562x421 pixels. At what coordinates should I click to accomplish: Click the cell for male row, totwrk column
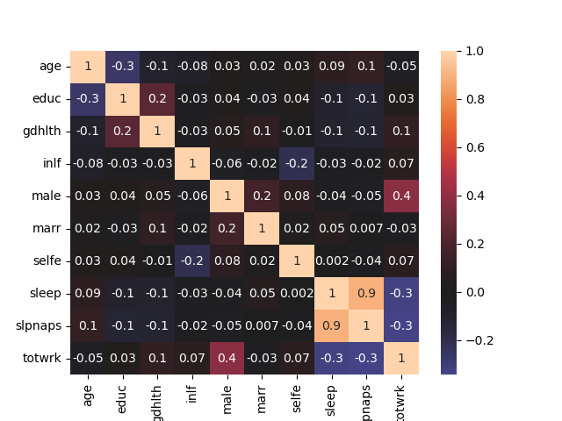pyautogui.click(x=400, y=196)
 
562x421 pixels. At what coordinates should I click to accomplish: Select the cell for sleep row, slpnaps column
pyautogui.click(x=365, y=294)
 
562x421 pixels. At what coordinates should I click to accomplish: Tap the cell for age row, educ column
pyautogui.click(x=122, y=67)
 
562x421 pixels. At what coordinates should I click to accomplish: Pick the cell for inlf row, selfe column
pyautogui.click(x=296, y=164)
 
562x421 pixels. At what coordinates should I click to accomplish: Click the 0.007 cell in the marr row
pyautogui.click(x=365, y=229)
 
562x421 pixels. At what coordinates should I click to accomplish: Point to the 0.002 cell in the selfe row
pyautogui.click(x=331, y=261)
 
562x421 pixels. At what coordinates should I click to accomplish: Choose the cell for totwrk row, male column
pyautogui.click(x=227, y=359)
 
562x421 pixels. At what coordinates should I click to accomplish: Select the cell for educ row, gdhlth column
pyautogui.click(x=157, y=99)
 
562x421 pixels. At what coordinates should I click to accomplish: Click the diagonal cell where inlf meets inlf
pyautogui.click(x=191, y=164)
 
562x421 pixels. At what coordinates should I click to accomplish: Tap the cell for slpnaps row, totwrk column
pyautogui.click(x=400, y=326)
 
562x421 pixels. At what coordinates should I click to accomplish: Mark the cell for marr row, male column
pyautogui.click(x=227, y=229)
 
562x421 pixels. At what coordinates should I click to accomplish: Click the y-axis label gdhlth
pyautogui.click(x=42, y=132)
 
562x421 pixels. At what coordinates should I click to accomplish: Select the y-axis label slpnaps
pyautogui.click(x=39, y=326)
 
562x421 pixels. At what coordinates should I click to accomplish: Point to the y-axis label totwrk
pyautogui.click(x=41, y=359)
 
